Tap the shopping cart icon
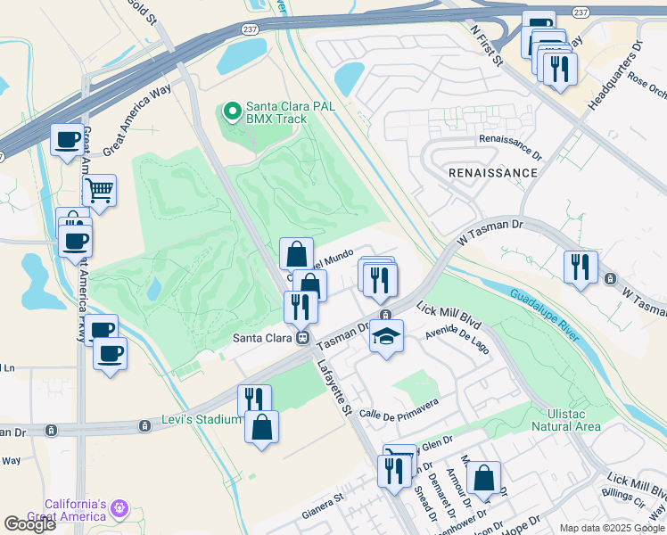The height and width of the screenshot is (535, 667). pyautogui.click(x=99, y=189)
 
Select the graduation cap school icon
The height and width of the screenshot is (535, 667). pyautogui.click(x=386, y=337)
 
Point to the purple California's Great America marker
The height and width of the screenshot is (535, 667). pyautogui.click(x=119, y=510)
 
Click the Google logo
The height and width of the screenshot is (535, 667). pyautogui.click(x=29, y=524)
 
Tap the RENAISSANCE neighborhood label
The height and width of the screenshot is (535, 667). pyautogui.click(x=493, y=173)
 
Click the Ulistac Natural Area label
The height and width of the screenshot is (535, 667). pyautogui.click(x=564, y=420)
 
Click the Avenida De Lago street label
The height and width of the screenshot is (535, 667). pyautogui.click(x=457, y=341)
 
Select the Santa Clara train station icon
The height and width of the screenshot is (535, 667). pyautogui.click(x=303, y=338)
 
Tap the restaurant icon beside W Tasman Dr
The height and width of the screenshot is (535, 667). pyautogui.click(x=581, y=267)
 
